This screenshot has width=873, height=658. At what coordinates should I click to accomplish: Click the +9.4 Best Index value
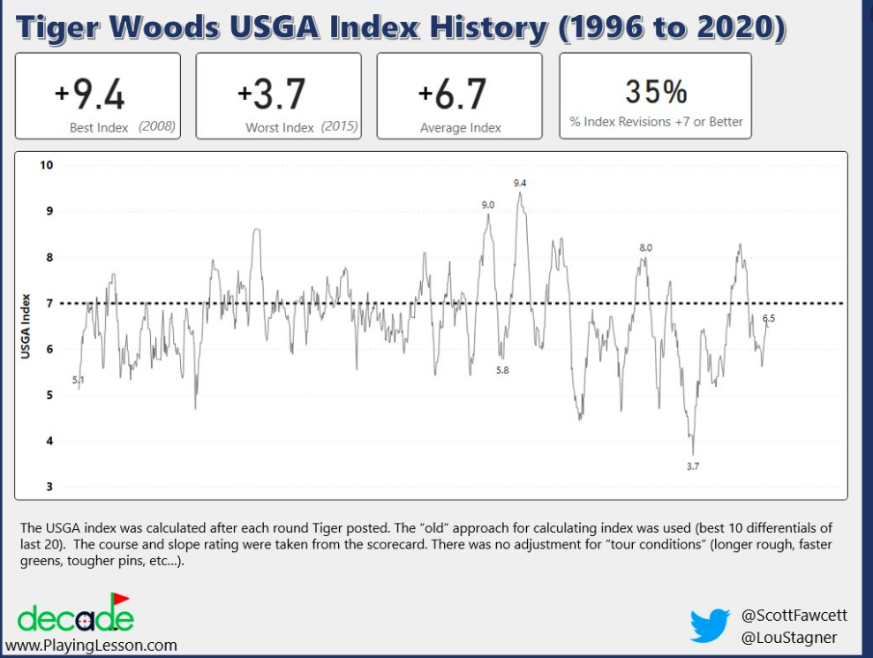[90, 94]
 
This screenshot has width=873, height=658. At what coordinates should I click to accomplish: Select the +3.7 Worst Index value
[271, 94]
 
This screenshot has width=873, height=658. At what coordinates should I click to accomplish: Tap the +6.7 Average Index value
[452, 94]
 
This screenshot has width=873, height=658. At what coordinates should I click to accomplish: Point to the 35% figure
[656, 92]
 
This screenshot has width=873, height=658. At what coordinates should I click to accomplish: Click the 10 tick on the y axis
[46, 165]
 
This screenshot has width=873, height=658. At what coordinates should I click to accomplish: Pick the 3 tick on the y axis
[49, 487]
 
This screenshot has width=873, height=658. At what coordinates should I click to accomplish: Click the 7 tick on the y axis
[49, 303]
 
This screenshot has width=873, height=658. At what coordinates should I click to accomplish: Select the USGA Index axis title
[25, 326]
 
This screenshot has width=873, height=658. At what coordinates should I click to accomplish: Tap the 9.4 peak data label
[520, 184]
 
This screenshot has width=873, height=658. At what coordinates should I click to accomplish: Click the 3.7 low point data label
[693, 466]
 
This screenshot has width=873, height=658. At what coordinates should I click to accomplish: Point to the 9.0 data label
[488, 205]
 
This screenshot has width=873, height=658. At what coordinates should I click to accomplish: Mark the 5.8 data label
[502, 370]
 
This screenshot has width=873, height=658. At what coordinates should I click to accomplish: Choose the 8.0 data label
[646, 248]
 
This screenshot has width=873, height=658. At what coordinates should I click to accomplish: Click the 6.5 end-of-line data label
[769, 319]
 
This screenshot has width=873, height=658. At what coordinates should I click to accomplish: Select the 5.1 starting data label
[78, 381]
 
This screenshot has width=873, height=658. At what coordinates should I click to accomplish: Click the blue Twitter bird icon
[711, 625]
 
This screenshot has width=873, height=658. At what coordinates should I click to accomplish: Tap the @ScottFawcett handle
[794, 615]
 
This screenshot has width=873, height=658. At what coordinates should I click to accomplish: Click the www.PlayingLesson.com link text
[91, 645]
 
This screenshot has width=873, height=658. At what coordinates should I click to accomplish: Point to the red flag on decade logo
[120, 600]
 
